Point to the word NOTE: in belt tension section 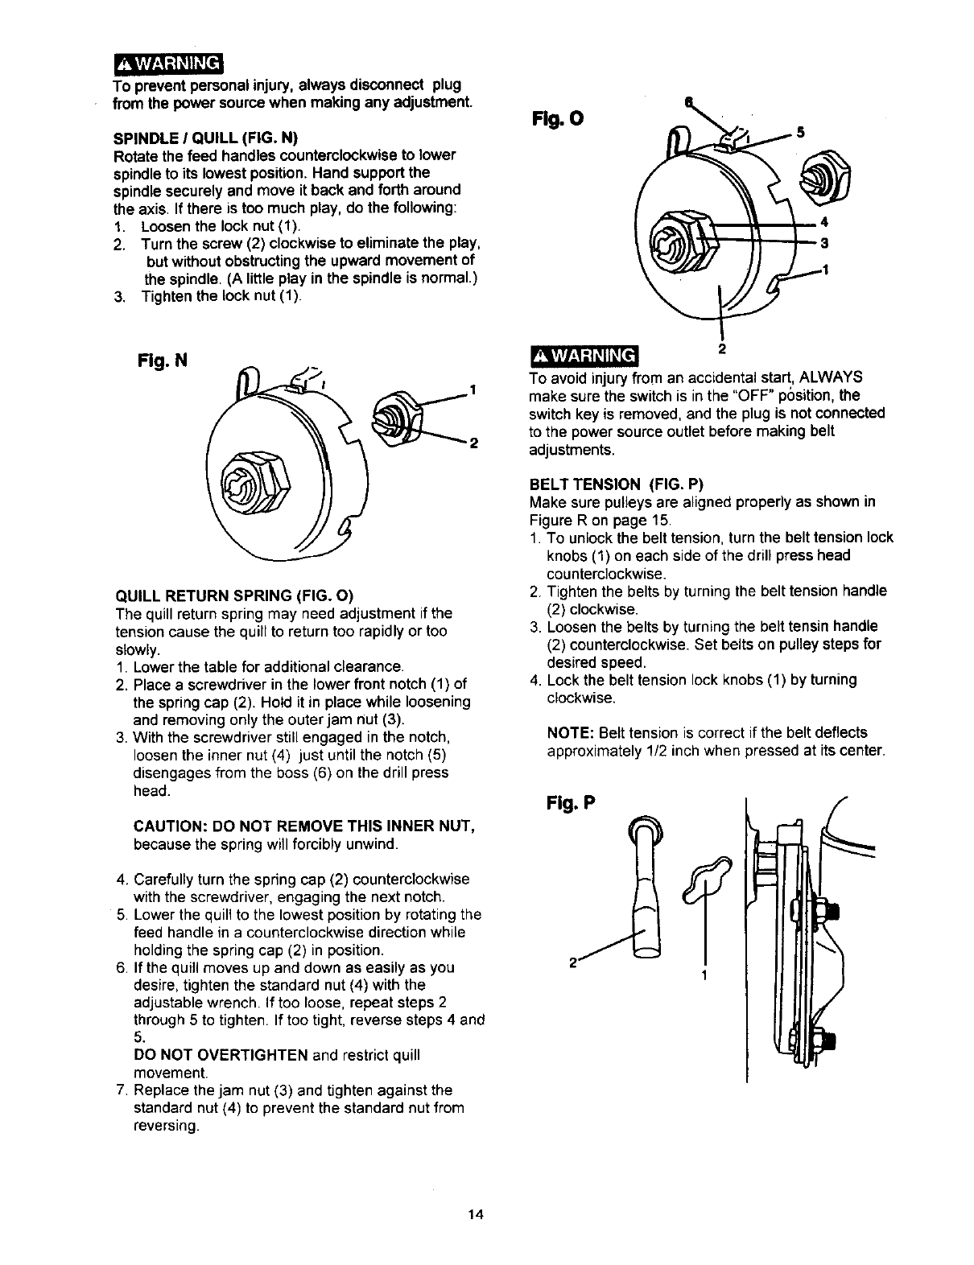(570, 733)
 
